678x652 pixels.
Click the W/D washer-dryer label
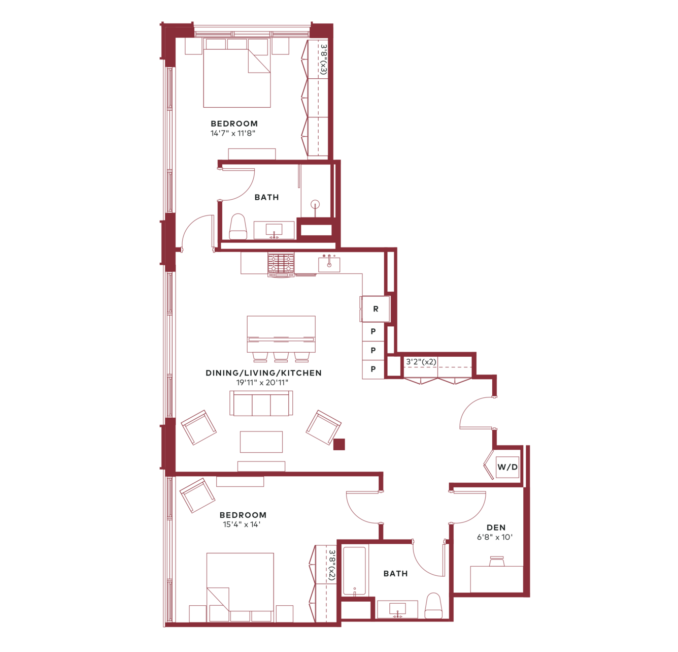507,467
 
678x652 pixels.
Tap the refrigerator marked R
376,309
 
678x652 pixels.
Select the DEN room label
496,527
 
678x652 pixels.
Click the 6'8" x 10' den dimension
495,537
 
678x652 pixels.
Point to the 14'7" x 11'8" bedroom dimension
233,133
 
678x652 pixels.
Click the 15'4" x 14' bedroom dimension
242,524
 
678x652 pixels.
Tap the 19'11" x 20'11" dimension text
262,382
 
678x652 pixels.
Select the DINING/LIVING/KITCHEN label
264,373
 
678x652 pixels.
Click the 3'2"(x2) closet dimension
421,362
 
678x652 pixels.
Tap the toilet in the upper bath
238,227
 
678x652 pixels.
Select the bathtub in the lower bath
354,570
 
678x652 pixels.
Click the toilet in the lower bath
433,606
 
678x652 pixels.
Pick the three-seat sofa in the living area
261,403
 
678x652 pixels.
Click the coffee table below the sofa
261,442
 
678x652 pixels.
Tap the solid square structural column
339,445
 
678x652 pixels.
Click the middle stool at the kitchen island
281,356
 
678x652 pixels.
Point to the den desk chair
497,562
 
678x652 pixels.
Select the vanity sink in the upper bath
274,230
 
